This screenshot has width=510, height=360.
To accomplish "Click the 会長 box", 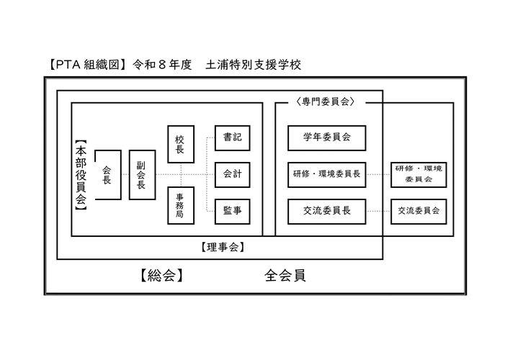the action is (108, 175).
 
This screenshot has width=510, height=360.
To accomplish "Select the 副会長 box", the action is (142, 175).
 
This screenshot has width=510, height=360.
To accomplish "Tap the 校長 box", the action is (181, 144).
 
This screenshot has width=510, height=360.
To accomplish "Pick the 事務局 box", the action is (181, 205).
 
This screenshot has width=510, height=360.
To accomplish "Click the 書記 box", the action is (232, 138).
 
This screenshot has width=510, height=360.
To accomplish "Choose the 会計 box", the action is (232, 175).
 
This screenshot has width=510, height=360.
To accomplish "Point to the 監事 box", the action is (232, 212).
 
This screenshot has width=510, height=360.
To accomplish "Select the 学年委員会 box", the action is (326, 138).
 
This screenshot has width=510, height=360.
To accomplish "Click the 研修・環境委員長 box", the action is (326, 175).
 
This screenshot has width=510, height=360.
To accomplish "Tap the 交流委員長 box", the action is (326, 212).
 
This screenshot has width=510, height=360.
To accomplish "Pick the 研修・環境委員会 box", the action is (419, 175).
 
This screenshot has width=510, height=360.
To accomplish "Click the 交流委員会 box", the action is (419, 212).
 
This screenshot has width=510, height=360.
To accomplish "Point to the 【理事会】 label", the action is (223, 248).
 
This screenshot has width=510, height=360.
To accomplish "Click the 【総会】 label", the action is (161, 276).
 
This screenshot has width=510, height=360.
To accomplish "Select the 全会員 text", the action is (285, 276).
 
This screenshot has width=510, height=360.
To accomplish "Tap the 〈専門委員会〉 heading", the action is (326, 102).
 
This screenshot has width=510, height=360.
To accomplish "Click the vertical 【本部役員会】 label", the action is (81, 175).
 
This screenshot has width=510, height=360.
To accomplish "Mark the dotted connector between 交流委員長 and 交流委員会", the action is (379, 212).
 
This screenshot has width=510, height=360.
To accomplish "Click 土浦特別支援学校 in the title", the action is (253, 65).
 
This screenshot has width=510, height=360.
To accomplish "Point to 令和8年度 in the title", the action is (162, 65).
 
